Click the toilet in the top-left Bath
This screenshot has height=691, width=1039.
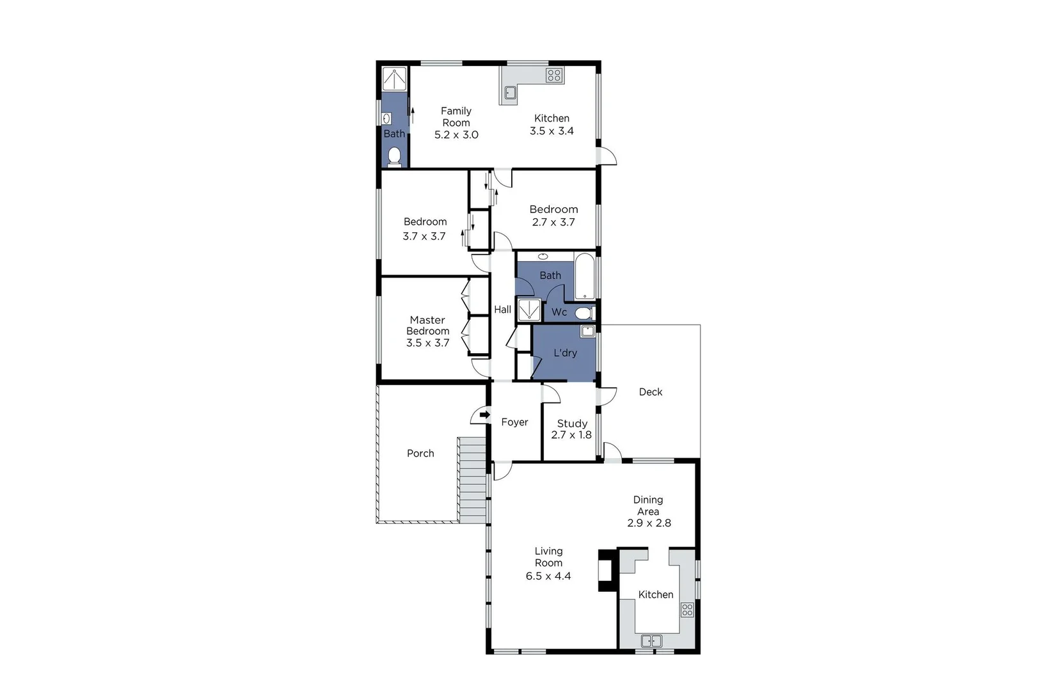[x=395, y=156]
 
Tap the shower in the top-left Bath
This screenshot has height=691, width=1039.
[x=395, y=79]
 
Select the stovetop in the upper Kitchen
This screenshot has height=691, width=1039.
[x=554, y=75]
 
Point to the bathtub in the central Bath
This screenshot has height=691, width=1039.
[x=584, y=277]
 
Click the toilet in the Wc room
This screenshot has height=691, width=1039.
[x=583, y=313]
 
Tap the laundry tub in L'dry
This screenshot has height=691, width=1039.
[x=587, y=331]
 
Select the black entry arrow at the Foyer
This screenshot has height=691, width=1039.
[x=485, y=415]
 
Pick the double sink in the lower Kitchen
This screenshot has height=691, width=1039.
[x=651, y=640]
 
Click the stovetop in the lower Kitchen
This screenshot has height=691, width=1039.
[x=687, y=609]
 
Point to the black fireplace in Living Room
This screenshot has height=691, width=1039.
[x=605, y=570]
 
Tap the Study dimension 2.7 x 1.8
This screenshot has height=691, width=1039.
[x=571, y=435]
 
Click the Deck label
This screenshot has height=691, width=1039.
[x=651, y=392]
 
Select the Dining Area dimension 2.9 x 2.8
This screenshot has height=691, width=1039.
[x=649, y=523]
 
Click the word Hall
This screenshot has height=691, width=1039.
[x=502, y=310]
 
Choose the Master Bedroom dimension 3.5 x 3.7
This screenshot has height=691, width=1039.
[x=427, y=343]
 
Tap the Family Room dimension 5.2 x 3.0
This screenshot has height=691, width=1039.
[x=456, y=134]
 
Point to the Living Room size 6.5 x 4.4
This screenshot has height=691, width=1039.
[x=548, y=576]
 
